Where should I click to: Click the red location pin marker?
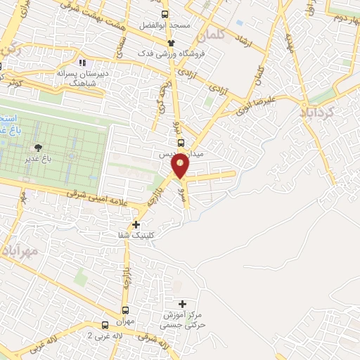click(x=181, y=166)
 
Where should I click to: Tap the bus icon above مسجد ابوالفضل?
click(x=165, y=14)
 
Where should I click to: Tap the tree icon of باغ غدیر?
click(x=38, y=147)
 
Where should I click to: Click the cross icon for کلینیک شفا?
click(x=136, y=225)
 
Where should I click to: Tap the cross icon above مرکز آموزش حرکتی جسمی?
click(x=183, y=304)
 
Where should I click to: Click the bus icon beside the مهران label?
click(x=125, y=310)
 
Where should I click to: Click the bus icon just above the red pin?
click(x=181, y=142)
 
